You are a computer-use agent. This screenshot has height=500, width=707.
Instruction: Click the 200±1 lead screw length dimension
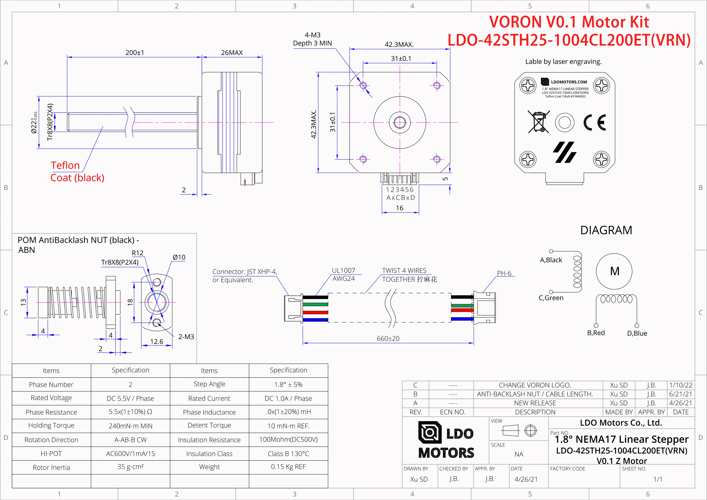(134, 53)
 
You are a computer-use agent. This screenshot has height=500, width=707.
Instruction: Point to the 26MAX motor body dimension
(232, 53)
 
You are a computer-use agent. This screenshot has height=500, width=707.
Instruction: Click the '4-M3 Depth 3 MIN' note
(312, 39)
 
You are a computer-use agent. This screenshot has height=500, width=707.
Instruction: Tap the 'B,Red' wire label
(596, 333)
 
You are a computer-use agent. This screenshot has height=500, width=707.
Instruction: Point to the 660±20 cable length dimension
(388, 339)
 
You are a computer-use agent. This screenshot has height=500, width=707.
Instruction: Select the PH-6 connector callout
(504, 273)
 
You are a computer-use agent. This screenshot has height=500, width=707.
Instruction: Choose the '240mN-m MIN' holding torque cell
(131, 426)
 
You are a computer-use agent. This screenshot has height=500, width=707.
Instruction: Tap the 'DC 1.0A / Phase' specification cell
(288, 398)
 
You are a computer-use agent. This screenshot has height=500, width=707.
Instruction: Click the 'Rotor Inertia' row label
(51, 467)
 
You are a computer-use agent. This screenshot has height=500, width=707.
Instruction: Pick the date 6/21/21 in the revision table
(681, 394)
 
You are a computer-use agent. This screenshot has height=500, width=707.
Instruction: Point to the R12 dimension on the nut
(138, 253)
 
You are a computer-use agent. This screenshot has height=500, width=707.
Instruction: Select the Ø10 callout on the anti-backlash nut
(179, 257)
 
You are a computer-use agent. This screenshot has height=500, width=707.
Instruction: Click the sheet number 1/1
(658, 479)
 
